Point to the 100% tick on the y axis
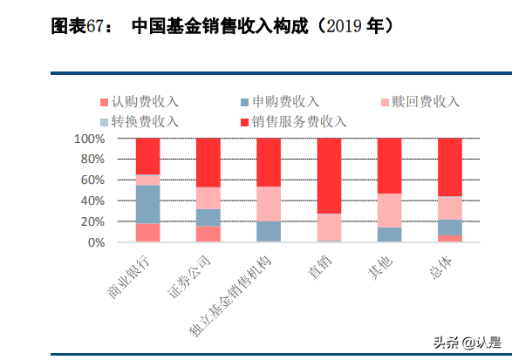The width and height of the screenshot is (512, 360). point(88,139)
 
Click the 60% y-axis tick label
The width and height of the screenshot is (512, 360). point(92,180)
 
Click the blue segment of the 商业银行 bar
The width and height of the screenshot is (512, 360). point(148,205)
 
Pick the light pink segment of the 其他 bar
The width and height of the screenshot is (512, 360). point(389,210)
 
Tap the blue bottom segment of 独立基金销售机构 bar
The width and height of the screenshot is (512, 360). point(269,232)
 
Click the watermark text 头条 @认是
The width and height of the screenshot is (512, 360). point(468,342)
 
